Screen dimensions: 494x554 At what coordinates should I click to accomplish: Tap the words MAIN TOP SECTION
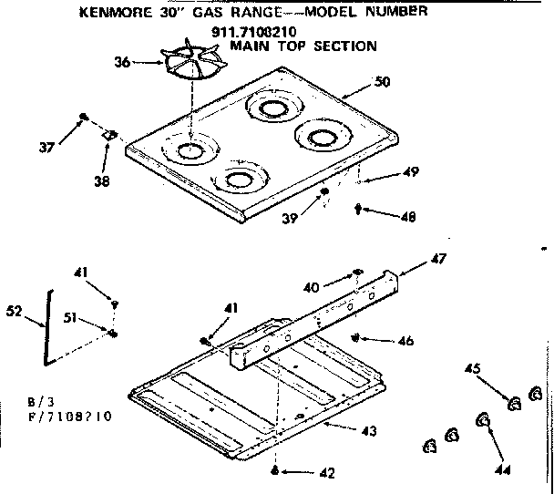(x=303, y=46)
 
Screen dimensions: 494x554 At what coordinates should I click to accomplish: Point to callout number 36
(x=122, y=62)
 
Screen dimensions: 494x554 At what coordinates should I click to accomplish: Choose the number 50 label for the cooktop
(x=383, y=82)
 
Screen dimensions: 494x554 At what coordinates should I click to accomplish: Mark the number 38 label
(x=101, y=181)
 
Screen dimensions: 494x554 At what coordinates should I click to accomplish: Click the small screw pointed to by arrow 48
(x=357, y=210)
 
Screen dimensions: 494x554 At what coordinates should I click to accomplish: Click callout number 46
(x=405, y=341)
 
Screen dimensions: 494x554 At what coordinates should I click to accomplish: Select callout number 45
(x=472, y=369)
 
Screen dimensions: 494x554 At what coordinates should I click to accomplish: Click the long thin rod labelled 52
(x=46, y=329)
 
